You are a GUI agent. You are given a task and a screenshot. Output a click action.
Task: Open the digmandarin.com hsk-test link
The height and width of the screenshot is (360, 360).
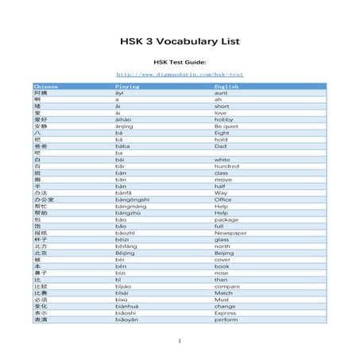[180, 75]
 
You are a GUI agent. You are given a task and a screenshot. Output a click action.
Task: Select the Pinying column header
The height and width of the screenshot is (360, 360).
[128, 85]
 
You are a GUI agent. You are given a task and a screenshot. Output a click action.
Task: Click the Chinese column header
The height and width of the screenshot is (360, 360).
[46, 85]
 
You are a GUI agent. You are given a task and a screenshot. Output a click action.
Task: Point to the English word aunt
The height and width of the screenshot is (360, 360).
[222, 92]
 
